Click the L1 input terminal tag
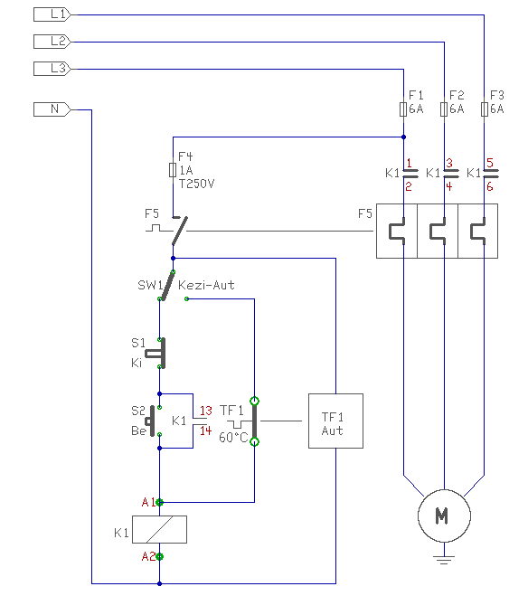(x=52, y=14)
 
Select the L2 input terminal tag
(x=52, y=42)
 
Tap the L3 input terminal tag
(x=52, y=69)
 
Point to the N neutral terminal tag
(x=52, y=109)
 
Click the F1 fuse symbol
(x=403, y=109)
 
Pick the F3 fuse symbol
(x=485, y=109)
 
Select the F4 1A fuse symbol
(x=173, y=170)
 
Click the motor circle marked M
(x=444, y=516)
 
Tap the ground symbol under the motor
(x=444, y=560)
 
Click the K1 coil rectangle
(x=159, y=529)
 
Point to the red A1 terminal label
(x=148, y=502)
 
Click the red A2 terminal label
(x=148, y=556)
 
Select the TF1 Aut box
(x=335, y=421)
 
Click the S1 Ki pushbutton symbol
(x=156, y=353)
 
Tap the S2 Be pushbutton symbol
(x=151, y=421)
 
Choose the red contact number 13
(x=206, y=411)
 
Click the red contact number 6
(x=490, y=186)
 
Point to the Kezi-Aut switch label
(x=206, y=285)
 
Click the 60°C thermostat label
(x=233, y=438)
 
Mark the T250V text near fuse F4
(x=197, y=184)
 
